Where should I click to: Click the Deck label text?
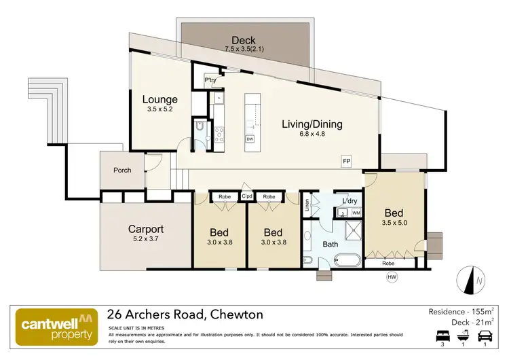coord(243,39)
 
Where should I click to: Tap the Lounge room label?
coord(159,100)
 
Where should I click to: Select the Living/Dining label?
coord(312,124)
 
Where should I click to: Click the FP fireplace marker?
coord(347,160)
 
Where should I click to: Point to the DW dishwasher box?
coord(250,139)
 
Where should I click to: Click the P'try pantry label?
coord(210,80)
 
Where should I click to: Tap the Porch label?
coord(122,170)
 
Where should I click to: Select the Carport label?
coord(147,229)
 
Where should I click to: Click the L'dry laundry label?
coord(350,202)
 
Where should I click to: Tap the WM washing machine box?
coord(356,213)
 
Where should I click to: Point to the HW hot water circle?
coord(392,276)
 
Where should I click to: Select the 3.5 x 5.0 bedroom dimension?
coord(394,222)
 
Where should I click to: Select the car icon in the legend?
coord(485,336)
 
